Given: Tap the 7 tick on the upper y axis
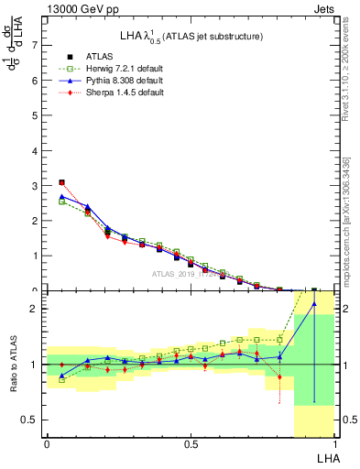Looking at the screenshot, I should point(35,44).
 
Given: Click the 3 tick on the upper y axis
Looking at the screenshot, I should point(35,185).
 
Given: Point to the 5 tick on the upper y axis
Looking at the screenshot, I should point(35,115).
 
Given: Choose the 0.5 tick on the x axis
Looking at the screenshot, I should point(191,444).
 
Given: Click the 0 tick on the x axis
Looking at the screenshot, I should point(47,444).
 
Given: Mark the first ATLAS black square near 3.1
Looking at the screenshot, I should point(61,182).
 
